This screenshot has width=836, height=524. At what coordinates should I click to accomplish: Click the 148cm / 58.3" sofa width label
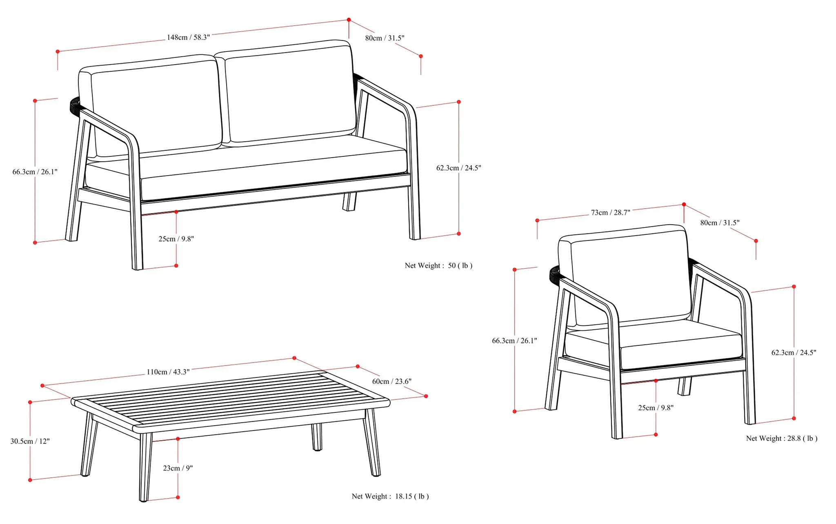(188, 38)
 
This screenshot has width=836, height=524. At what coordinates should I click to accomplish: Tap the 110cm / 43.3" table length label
(168, 372)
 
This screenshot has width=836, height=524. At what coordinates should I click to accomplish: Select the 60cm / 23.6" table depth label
(391, 381)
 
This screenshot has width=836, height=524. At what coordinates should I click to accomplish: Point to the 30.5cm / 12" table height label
(30, 441)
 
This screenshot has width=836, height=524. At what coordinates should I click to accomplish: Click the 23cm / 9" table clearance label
(178, 468)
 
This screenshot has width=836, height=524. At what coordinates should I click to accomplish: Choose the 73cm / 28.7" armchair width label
(610, 212)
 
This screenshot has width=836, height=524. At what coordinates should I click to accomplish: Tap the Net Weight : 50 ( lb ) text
(438, 265)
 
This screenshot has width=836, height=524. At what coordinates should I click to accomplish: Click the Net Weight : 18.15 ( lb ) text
(390, 496)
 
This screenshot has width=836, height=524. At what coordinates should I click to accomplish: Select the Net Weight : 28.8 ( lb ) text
(781, 438)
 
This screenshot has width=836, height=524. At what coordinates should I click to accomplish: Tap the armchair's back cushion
(629, 278)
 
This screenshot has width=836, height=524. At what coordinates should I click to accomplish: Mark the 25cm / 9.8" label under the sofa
(176, 239)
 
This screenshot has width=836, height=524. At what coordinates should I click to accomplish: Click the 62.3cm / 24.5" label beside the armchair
(794, 352)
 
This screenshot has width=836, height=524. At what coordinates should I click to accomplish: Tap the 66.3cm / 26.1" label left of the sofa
(35, 172)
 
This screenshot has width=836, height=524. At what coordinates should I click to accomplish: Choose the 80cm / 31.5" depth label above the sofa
(385, 38)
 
